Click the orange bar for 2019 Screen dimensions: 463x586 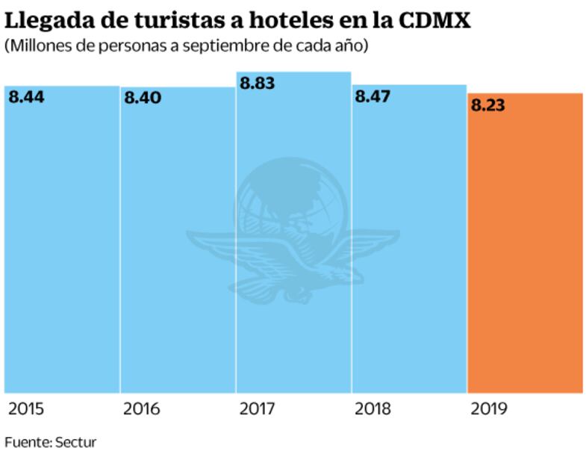(x=525, y=246)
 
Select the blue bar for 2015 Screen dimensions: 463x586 (x=62, y=246)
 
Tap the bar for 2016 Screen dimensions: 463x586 (x=178, y=246)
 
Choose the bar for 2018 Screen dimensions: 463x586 (x=409, y=246)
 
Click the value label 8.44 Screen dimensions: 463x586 (x=26, y=96)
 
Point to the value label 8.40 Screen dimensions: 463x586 (x=143, y=98)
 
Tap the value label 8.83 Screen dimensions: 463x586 (x=258, y=83)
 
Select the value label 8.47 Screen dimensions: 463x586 (x=373, y=96)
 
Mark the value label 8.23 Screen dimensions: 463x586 (x=488, y=105)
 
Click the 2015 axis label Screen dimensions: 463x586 (x=26, y=409)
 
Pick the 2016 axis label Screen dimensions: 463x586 (x=142, y=409)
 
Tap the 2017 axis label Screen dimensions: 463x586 (x=258, y=409)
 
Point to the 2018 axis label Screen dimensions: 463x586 (x=373, y=409)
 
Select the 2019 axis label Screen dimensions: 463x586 (x=489, y=409)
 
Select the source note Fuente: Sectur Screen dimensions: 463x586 (x=51, y=442)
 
